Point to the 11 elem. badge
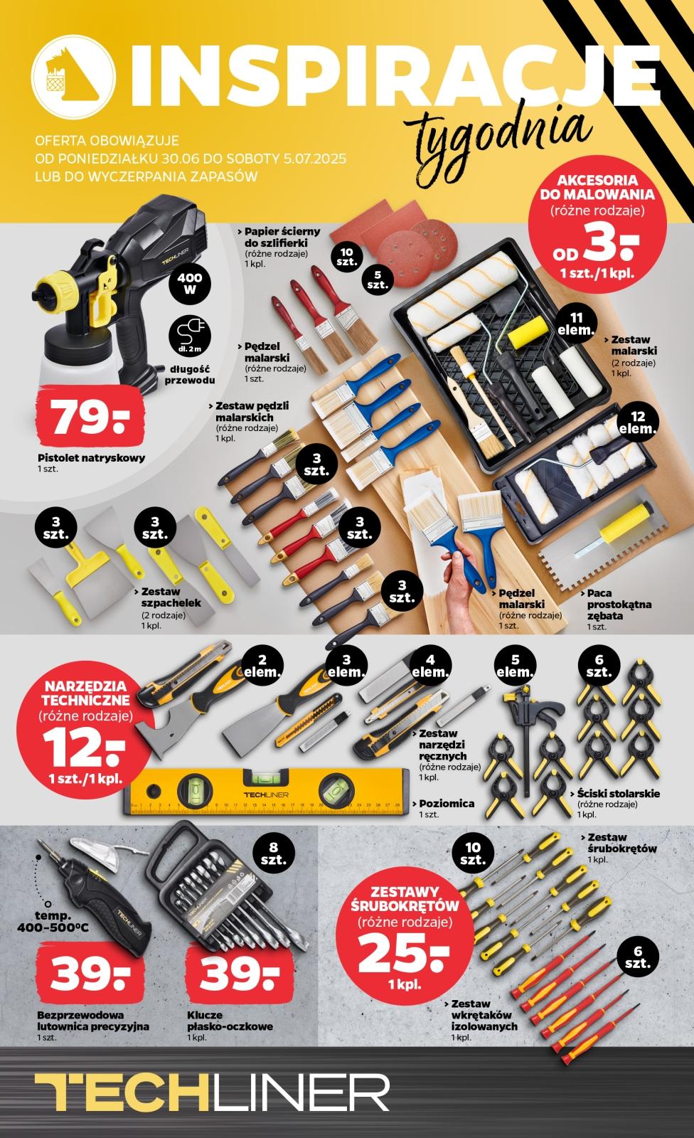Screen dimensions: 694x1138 (x=575, y=324)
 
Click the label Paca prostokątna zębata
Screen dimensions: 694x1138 (x=619, y=604)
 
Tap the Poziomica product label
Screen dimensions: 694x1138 (x=447, y=803)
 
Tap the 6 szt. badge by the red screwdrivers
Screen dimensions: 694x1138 (x=637, y=957)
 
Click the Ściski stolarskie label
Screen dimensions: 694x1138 (x=619, y=793)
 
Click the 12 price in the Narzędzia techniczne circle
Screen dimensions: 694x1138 (x=83, y=749)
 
